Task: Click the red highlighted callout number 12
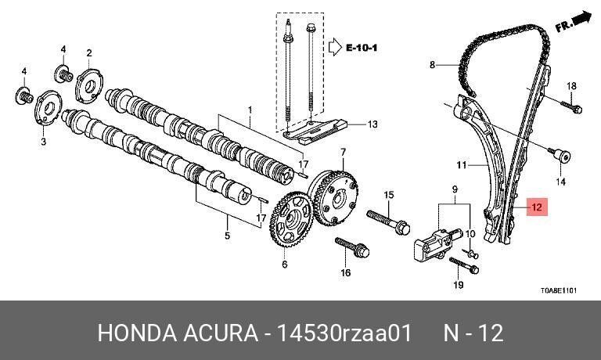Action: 537,207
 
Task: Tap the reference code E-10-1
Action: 362,48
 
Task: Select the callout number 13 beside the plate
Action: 372,124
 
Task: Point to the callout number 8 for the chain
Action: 432,65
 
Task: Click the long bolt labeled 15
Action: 388,221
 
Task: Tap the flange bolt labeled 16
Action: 352,247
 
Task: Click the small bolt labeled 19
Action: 464,265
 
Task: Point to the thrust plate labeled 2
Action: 89,85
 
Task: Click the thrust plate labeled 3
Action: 49,108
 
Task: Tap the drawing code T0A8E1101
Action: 559,290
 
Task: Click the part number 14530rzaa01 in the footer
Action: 344,333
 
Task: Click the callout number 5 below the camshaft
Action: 227,235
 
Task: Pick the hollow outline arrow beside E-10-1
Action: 335,47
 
